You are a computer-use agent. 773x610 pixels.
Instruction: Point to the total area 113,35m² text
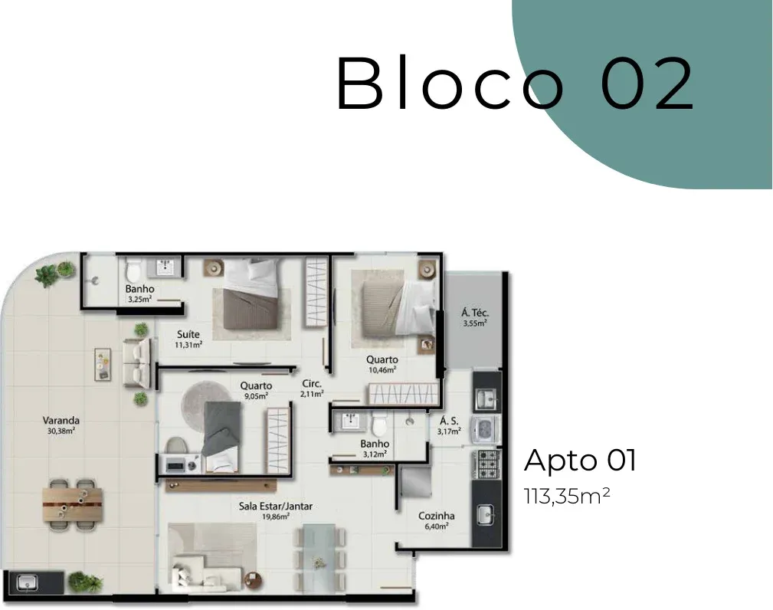point(567,496)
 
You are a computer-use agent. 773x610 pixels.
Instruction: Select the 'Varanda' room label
point(61,421)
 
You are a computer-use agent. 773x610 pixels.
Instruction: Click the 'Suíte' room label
point(188,334)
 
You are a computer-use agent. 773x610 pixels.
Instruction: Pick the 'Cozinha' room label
point(436,516)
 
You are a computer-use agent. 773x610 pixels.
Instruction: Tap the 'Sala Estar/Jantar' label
point(276,507)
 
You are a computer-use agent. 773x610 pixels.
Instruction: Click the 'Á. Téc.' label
point(475,313)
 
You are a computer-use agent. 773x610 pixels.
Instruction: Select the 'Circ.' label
point(312,384)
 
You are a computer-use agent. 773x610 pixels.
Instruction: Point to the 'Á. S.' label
point(449,421)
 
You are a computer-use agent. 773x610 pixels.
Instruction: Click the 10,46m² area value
point(382,370)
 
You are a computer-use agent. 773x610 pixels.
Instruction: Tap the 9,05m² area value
point(255,395)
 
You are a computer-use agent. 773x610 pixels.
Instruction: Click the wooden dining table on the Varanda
point(73,504)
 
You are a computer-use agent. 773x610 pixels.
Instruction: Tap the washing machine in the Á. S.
point(485,429)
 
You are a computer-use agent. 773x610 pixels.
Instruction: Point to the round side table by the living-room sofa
point(252,579)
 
